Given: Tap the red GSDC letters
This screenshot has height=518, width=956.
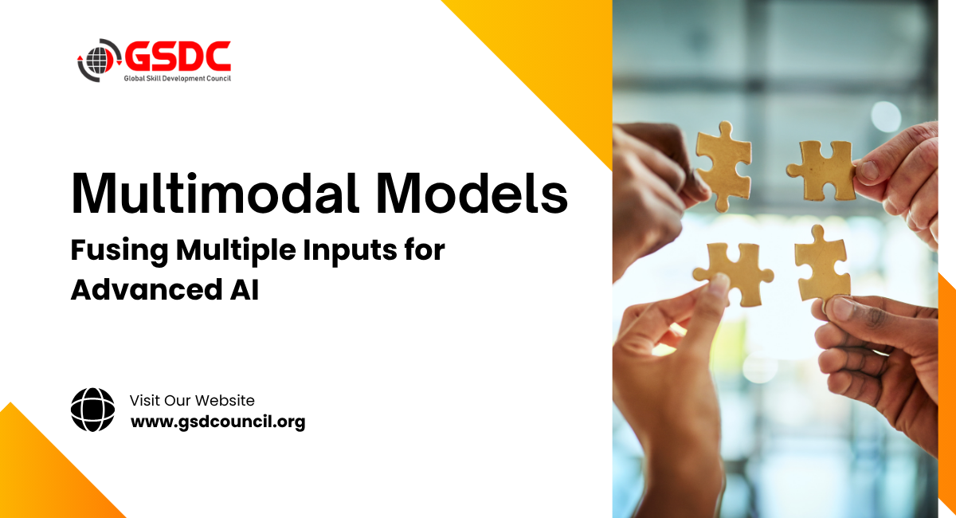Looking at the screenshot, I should (x=177, y=55).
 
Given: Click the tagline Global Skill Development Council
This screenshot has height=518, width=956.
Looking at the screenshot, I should (x=177, y=78).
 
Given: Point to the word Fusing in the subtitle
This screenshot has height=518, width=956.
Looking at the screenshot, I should (x=119, y=251).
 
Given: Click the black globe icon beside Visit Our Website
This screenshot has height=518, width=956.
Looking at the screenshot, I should (x=93, y=410).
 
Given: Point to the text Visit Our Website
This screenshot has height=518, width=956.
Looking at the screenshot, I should (x=192, y=400).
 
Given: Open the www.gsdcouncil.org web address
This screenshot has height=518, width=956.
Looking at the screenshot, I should (x=217, y=422).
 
